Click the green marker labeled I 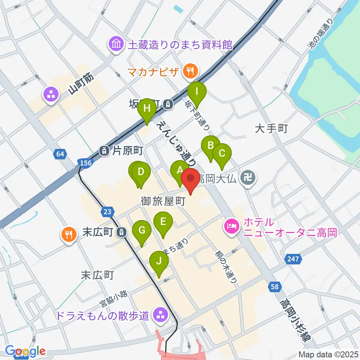click(197, 91)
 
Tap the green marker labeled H click(147, 109)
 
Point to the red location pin click(191, 179)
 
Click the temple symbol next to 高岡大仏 click(248, 176)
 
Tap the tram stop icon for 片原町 click(103, 151)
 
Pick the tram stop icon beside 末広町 click(121, 232)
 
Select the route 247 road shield click(293, 259)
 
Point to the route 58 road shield click(275, 287)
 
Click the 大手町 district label click(271, 129)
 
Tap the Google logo click(25, 351)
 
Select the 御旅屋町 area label click(163, 201)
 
